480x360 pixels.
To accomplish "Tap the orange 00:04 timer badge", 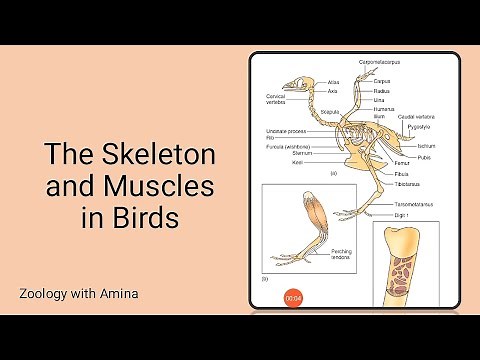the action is point(293,298).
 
